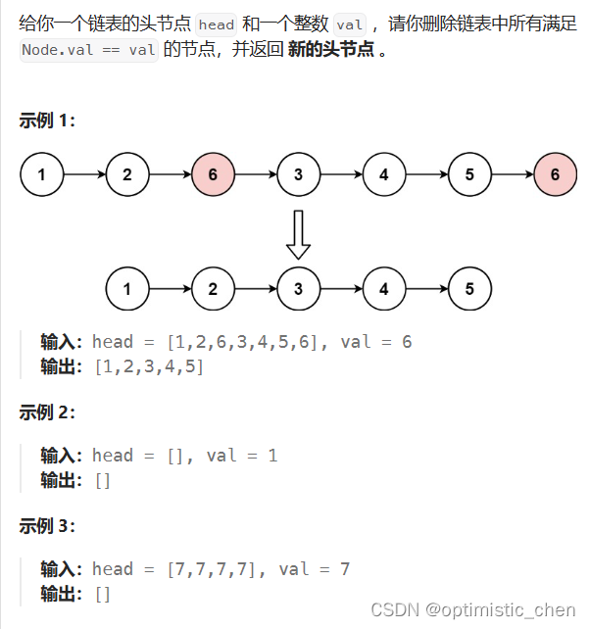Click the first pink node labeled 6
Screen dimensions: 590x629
(x=213, y=175)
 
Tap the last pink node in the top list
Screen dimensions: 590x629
(x=556, y=175)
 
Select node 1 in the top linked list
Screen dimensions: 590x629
(x=41, y=175)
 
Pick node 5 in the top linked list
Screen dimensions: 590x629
(x=469, y=175)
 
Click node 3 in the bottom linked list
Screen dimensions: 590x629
(x=299, y=289)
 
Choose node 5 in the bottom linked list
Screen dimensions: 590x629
(x=469, y=289)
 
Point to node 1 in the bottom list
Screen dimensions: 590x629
(x=127, y=289)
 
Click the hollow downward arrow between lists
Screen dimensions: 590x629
(x=299, y=233)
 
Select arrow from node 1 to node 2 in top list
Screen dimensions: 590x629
(x=84, y=175)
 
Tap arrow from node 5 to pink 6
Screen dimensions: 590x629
(x=513, y=175)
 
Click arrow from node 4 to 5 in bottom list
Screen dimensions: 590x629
(x=426, y=289)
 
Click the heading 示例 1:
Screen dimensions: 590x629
(x=47, y=121)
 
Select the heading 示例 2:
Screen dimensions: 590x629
(x=47, y=412)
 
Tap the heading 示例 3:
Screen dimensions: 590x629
(x=47, y=526)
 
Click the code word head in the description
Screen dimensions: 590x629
(x=216, y=24)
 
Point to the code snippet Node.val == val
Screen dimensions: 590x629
(x=88, y=51)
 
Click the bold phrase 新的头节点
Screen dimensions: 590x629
(x=330, y=50)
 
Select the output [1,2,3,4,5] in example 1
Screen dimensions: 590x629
(x=149, y=367)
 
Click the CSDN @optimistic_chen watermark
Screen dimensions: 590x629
(x=473, y=609)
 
